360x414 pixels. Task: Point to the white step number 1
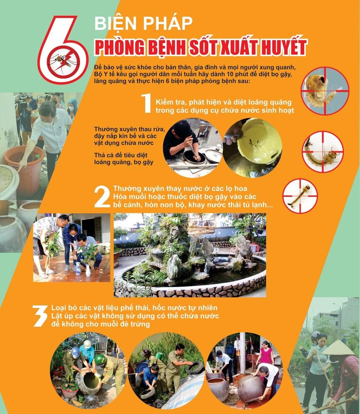[x=146, y=103]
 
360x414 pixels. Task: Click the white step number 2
[x=102, y=197]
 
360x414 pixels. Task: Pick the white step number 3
[x=40, y=316]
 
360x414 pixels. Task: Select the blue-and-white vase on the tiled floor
[x=78, y=268]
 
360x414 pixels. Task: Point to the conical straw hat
[x=338, y=348]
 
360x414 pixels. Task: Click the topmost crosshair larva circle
[x=325, y=90]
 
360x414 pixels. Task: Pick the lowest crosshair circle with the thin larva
[x=300, y=196]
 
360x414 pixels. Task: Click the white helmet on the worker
[x=88, y=343]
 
